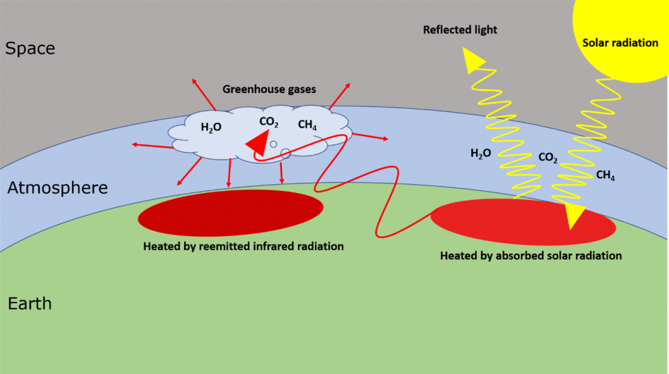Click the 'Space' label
point(30,49)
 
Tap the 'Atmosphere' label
point(57,188)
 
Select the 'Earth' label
point(30,304)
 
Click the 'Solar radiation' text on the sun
point(620,43)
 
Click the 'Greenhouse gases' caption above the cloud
point(270,89)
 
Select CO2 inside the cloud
point(269,122)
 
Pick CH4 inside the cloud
point(308,125)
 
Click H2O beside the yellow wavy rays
point(482,153)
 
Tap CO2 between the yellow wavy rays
point(548,158)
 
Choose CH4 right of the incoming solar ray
point(605,176)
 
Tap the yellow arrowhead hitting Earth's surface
point(575,215)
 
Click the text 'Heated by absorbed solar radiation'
point(531,256)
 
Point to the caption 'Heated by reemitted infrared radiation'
point(243,246)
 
